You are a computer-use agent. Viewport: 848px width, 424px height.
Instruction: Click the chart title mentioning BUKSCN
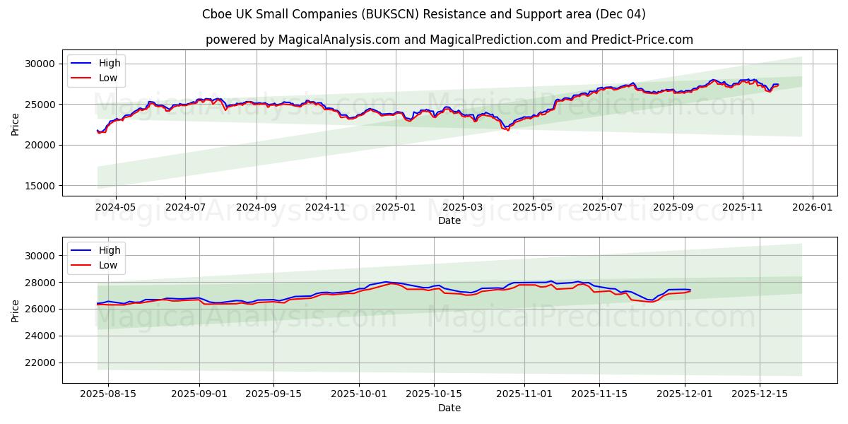coord(424,14)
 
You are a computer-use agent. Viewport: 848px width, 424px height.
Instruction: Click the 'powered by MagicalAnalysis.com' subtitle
coord(449,40)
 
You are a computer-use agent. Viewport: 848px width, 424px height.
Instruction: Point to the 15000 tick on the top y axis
coord(40,186)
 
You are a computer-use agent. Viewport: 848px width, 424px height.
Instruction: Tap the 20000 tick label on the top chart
coord(40,145)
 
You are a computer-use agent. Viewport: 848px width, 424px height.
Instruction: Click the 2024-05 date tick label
coord(115,208)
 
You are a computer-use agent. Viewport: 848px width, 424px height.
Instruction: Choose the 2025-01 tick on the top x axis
coord(395,208)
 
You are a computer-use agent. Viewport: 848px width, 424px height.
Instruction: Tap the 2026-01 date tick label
coord(812,208)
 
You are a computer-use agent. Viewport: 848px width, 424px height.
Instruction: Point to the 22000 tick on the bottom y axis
coord(40,363)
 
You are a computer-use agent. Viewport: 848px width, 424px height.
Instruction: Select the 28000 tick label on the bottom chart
coord(40,283)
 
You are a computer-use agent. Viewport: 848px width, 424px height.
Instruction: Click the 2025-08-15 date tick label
coord(108,394)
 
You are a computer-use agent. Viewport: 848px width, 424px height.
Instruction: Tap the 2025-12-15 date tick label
coord(760,394)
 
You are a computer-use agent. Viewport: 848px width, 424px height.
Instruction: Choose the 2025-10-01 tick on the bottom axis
coord(360,394)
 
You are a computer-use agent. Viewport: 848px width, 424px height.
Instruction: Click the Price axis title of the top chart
coord(16,123)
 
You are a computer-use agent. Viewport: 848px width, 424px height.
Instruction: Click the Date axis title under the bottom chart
coord(449,408)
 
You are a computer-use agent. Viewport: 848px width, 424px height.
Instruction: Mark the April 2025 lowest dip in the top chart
coord(507,130)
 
